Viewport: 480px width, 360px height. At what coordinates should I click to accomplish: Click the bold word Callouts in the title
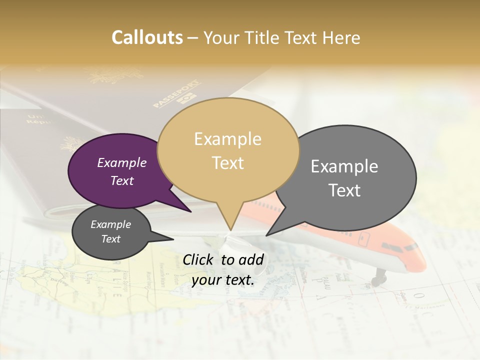pos(147,37)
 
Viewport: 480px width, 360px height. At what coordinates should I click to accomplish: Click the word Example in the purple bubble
pos(122,163)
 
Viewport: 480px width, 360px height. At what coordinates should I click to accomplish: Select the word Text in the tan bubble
pos(228,163)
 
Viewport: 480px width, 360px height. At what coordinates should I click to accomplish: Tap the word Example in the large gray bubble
pos(344,166)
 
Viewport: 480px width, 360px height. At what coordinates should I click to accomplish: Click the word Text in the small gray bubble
pos(111,239)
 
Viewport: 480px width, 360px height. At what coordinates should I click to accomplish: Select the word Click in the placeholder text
pos(198,259)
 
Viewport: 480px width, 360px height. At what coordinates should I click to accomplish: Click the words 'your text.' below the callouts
pos(223,280)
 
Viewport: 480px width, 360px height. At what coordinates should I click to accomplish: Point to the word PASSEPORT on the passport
pos(176,93)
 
